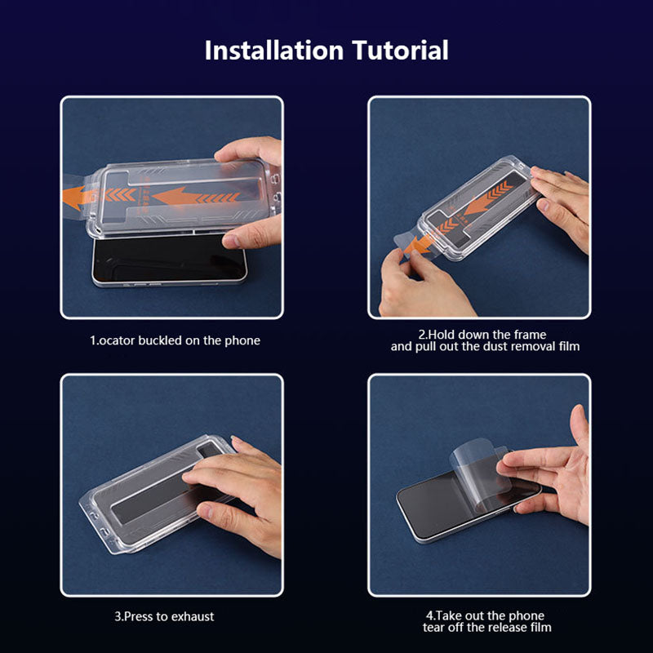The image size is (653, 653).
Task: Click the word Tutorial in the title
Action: (401, 51)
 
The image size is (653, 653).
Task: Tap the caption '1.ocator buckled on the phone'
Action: (175, 340)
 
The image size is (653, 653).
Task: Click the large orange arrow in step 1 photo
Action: (188, 197)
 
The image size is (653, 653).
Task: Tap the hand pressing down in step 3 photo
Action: (237, 490)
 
